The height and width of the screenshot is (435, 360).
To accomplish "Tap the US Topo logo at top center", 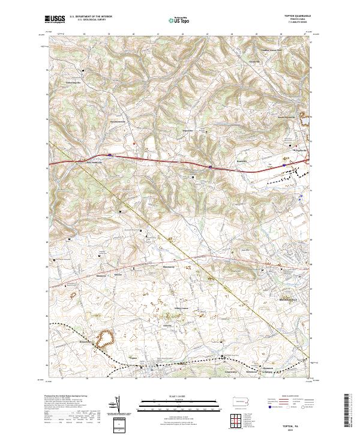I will click(x=179, y=20).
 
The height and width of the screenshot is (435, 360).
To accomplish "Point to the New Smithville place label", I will click(x=97, y=161).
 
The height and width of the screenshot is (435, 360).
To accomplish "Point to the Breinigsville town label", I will click(x=277, y=298).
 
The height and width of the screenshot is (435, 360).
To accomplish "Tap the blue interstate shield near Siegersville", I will click(x=210, y=167).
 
